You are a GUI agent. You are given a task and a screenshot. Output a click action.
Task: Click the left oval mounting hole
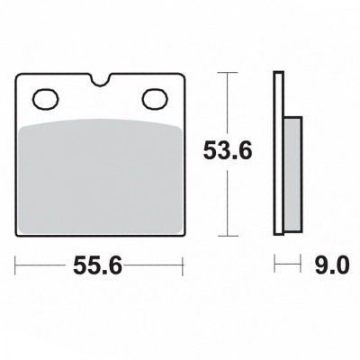45,98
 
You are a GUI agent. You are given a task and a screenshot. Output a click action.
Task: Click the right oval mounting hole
154,98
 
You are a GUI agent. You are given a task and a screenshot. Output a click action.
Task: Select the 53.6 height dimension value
228,150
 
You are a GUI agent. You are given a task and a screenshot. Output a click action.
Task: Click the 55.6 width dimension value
97,265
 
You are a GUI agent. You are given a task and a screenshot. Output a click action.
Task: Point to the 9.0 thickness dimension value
332,265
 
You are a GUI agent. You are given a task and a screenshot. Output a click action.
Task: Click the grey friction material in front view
100,176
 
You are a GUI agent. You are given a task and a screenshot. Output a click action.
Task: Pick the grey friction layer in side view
292,174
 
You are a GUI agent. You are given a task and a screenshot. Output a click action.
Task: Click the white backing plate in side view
278,153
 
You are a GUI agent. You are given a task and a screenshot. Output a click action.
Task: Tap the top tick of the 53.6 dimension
228,73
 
